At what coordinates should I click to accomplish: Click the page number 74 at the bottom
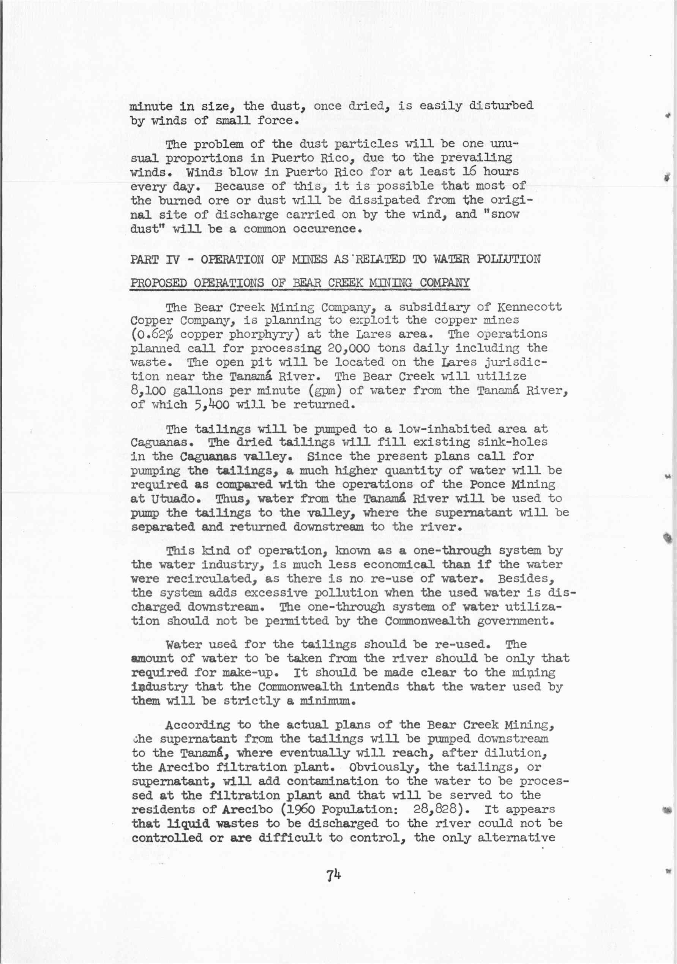click(334, 875)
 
